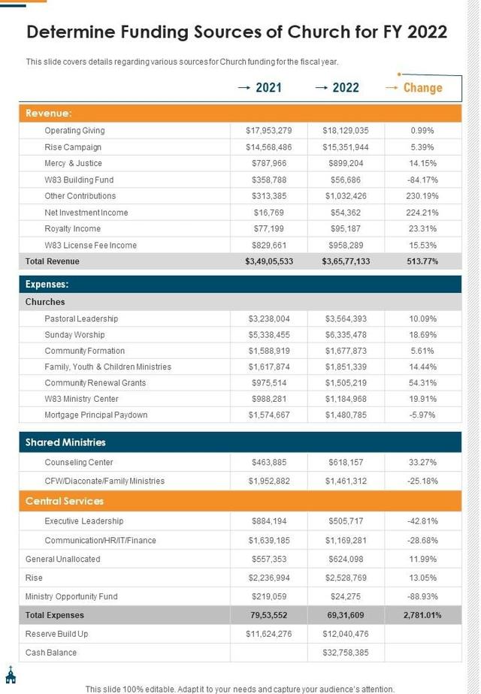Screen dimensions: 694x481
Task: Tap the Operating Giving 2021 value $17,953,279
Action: (268, 131)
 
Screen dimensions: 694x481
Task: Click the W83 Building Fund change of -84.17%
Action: (422, 180)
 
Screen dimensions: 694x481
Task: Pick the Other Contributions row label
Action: (80, 196)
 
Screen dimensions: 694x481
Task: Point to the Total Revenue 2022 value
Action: (346, 261)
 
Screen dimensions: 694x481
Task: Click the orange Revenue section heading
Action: (49, 113)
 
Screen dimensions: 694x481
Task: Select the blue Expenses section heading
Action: (47, 285)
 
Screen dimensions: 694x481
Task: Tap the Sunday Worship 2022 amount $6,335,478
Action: (346, 335)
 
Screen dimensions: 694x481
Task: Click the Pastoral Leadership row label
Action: (81, 318)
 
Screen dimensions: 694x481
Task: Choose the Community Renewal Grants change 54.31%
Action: (422, 383)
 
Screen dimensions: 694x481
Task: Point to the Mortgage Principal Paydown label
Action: (96, 415)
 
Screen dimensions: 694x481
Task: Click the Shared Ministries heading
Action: (65, 442)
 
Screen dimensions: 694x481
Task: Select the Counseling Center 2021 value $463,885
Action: (268, 463)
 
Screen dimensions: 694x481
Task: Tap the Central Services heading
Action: (65, 501)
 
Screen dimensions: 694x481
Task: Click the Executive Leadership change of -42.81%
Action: (422, 521)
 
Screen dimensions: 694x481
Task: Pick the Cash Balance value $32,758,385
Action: (346, 653)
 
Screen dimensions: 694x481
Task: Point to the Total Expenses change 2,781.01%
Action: (422, 615)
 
